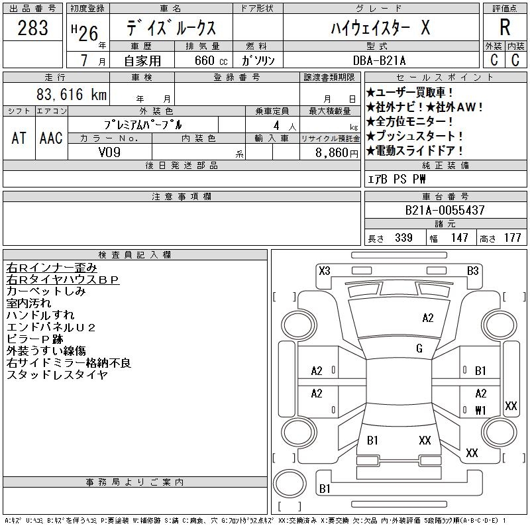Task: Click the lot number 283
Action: [33, 28]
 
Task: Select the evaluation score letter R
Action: [505, 28]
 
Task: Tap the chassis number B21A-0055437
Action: [445, 210]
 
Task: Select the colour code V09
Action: [109, 152]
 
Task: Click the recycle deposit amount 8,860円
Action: [338, 152]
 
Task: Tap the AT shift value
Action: [19, 138]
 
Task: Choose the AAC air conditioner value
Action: [51, 138]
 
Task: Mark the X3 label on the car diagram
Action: [325, 270]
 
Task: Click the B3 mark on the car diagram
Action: [472, 270]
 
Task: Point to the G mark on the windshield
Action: [419, 348]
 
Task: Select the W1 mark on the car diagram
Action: [481, 409]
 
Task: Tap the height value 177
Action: [512, 238]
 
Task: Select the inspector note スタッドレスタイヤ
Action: [56, 375]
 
